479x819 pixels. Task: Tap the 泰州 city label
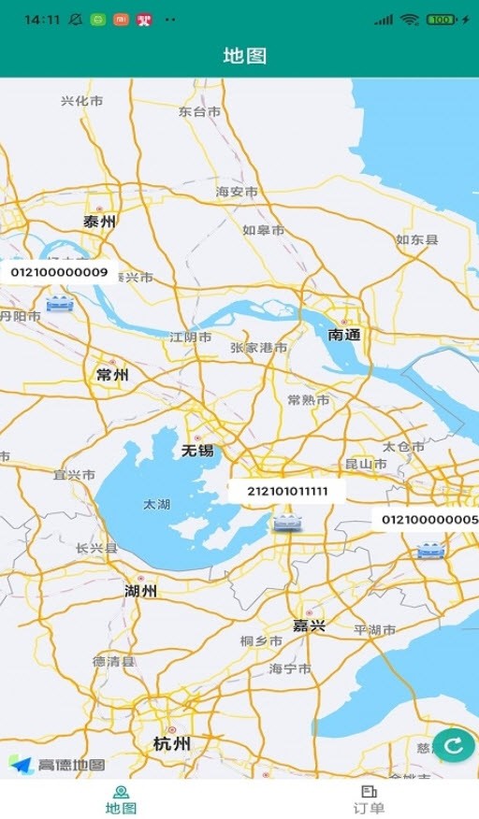[x=99, y=222]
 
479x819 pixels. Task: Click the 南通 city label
[x=344, y=334]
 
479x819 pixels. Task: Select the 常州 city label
[x=112, y=375]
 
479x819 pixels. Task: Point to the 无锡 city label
[x=197, y=451]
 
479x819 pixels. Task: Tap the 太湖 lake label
[x=156, y=504]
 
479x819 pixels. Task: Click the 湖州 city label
[x=140, y=591]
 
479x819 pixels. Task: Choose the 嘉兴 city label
[x=309, y=625]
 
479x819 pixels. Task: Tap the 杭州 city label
[x=171, y=743]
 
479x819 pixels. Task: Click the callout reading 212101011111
[x=287, y=491]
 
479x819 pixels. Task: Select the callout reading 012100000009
[x=59, y=273]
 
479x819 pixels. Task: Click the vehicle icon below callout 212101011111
[x=287, y=523]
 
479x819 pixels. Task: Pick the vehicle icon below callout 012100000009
[x=60, y=303]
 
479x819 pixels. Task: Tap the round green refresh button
[x=454, y=745]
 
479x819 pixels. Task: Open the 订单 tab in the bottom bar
[x=369, y=799]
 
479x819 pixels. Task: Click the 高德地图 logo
[x=57, y=765]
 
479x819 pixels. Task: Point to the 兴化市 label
[x=82, y=101]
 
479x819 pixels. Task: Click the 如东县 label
[x=416, y=240]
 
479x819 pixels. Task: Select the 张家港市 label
[x=259, y=348]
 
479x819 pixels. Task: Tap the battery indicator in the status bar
[x=443, y=19]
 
